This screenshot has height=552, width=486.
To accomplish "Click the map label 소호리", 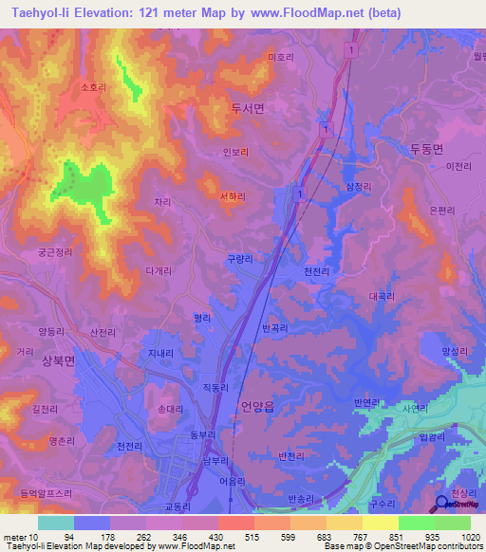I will coord(92,87).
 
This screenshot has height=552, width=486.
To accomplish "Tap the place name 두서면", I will coord(247,108).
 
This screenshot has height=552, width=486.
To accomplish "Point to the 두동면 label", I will coord(427,148).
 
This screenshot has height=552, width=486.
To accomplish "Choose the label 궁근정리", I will coord(49,253).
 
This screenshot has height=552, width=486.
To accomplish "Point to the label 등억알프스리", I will coord(47,493).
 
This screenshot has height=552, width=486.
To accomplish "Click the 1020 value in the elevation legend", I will coord(458,537).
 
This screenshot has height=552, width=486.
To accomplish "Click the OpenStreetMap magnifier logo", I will coord(442,507).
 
